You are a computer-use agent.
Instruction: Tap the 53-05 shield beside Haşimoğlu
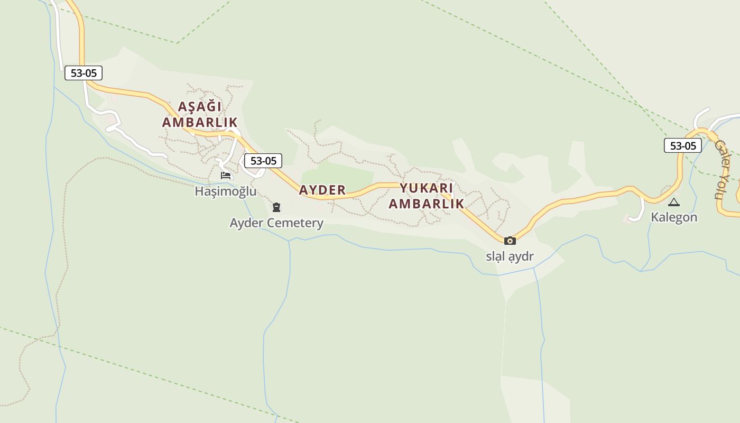pos(263,161)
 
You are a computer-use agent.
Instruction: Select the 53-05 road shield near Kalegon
pos(683,145)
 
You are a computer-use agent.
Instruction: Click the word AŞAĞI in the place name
pos(200,106)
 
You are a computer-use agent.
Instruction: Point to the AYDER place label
pos(322,190)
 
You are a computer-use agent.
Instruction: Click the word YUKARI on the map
pos(426,188)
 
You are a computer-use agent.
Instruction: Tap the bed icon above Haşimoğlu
pos(226,175)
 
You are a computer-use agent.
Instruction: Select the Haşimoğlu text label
pos(226,191)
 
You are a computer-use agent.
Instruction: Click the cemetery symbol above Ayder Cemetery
pos(276,207)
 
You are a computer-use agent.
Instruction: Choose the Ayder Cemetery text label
pos(276,223)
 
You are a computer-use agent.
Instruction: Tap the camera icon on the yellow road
pos(510,241)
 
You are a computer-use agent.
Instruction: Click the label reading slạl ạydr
pos(510,256)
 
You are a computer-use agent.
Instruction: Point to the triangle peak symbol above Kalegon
pos(674,202)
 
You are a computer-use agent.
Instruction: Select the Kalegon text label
pos(674,217)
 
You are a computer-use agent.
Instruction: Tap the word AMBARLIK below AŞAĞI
pos(200,122)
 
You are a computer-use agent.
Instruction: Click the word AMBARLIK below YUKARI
pos(426,204)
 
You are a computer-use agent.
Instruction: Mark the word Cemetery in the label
pos(298,223)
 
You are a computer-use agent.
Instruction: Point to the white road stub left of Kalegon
pos(639,210)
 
